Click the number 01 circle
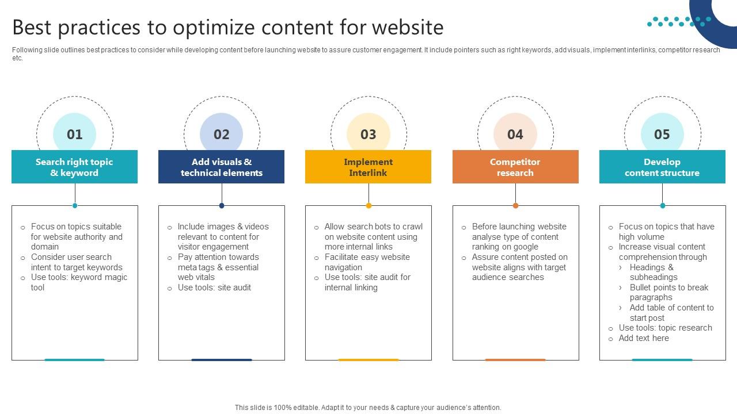[75, 135]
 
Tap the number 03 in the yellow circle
[368, 135]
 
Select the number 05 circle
[662, 135]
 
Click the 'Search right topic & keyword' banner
[75, 167]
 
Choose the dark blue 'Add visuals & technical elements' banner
[222, 167]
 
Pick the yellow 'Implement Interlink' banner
[368, 167]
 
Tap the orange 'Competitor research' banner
[515, 167]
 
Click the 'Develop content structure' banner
[662, 167]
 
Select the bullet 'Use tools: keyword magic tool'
[79, 282]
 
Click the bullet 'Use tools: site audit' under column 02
[214, 287]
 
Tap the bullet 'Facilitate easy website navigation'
[367, 262]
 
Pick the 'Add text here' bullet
[644, 338]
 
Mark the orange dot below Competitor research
[515, 205]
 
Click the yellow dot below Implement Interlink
[368, 205]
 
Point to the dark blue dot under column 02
[222, 205]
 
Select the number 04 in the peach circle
[515, 135]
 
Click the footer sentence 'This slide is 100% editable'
[368, 408]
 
